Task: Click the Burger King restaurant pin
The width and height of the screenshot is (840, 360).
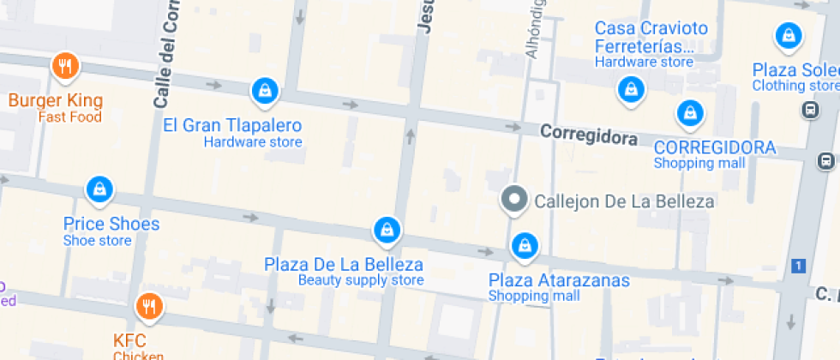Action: (65, 65)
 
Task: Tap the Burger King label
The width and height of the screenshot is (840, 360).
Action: (56, 100)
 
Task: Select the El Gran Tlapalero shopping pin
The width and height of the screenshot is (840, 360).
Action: (264, 89)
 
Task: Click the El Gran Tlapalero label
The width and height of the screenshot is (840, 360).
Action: (232, 125)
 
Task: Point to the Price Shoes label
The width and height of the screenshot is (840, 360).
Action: (111, 224)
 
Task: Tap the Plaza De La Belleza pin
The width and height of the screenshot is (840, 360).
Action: (387, 229)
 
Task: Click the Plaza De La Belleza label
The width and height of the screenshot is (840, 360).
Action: (344, 263)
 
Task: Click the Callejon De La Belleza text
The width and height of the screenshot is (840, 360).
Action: (624, 201)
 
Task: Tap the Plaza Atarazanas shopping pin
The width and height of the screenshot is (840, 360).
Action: (524, 246)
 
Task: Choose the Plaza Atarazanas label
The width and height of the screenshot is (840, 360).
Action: (559, 280)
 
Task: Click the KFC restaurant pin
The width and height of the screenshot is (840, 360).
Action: (149, 305)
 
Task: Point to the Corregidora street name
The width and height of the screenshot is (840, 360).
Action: (589, 135)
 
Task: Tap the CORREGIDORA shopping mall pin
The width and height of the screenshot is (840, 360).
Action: (689, 112)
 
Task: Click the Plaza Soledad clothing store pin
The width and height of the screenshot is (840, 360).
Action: (787, 36)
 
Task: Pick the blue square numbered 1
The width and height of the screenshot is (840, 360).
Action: (799, 266)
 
